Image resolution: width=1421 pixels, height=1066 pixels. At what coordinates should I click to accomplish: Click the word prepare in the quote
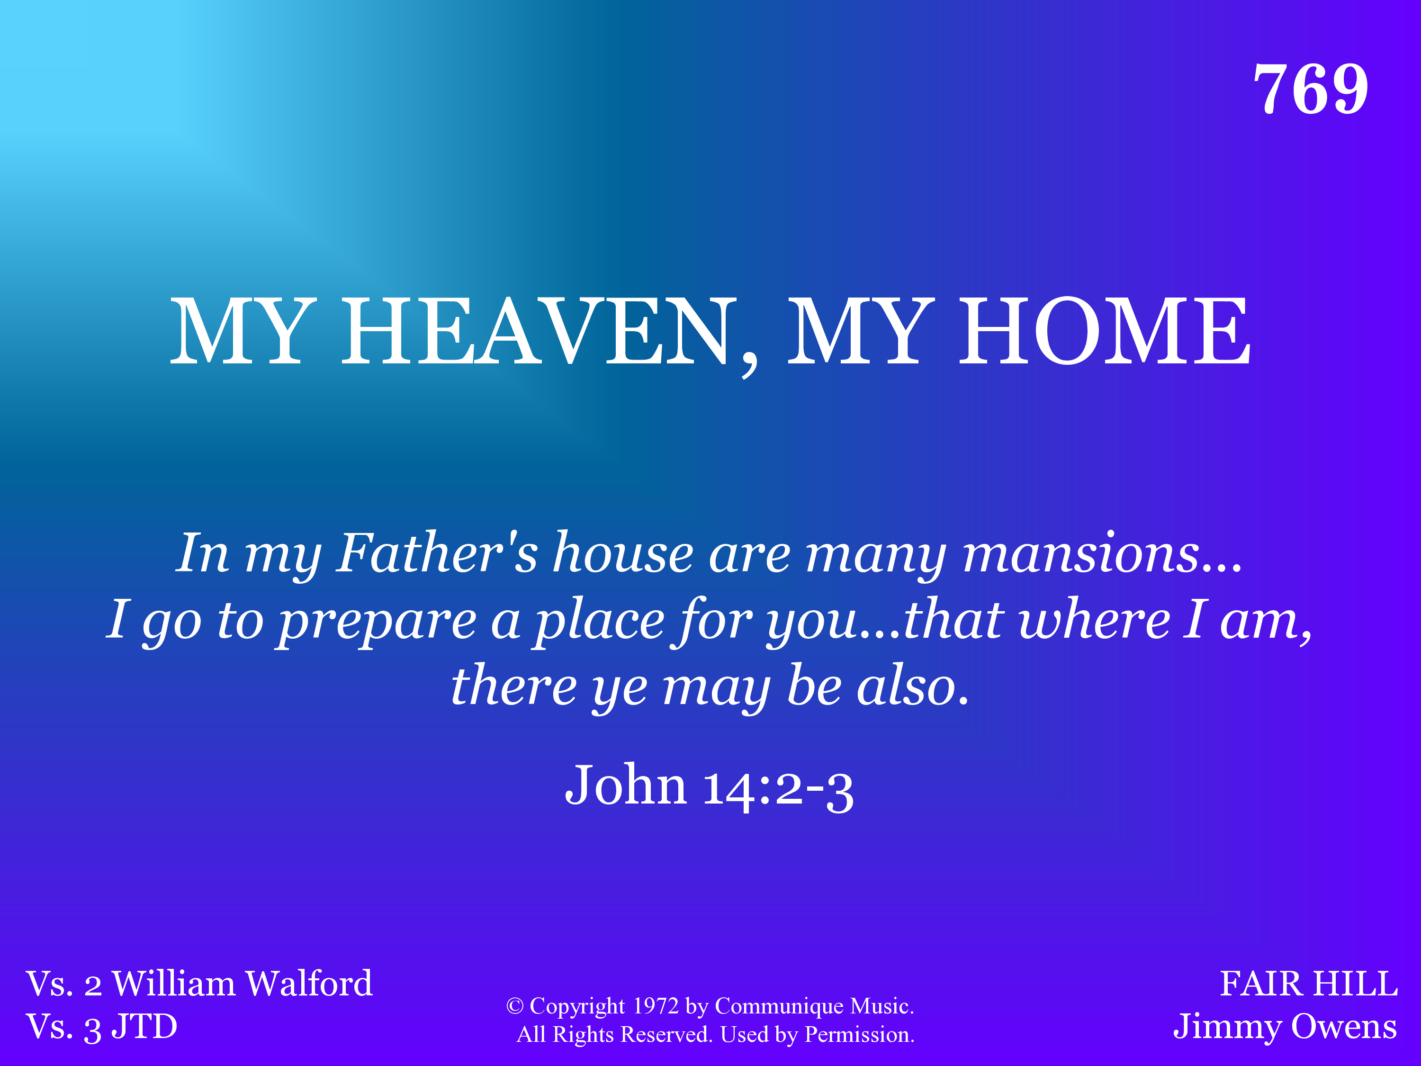(x=377, y=621)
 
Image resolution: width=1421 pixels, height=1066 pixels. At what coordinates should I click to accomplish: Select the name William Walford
(x=242, y=983)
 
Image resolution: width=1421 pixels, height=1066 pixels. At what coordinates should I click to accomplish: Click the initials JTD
(x=144, y=1026)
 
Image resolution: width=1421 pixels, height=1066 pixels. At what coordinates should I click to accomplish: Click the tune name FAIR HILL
(x=1309, y=983)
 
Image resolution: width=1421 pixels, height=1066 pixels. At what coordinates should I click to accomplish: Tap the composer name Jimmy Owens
(x=1285, y=1027)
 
